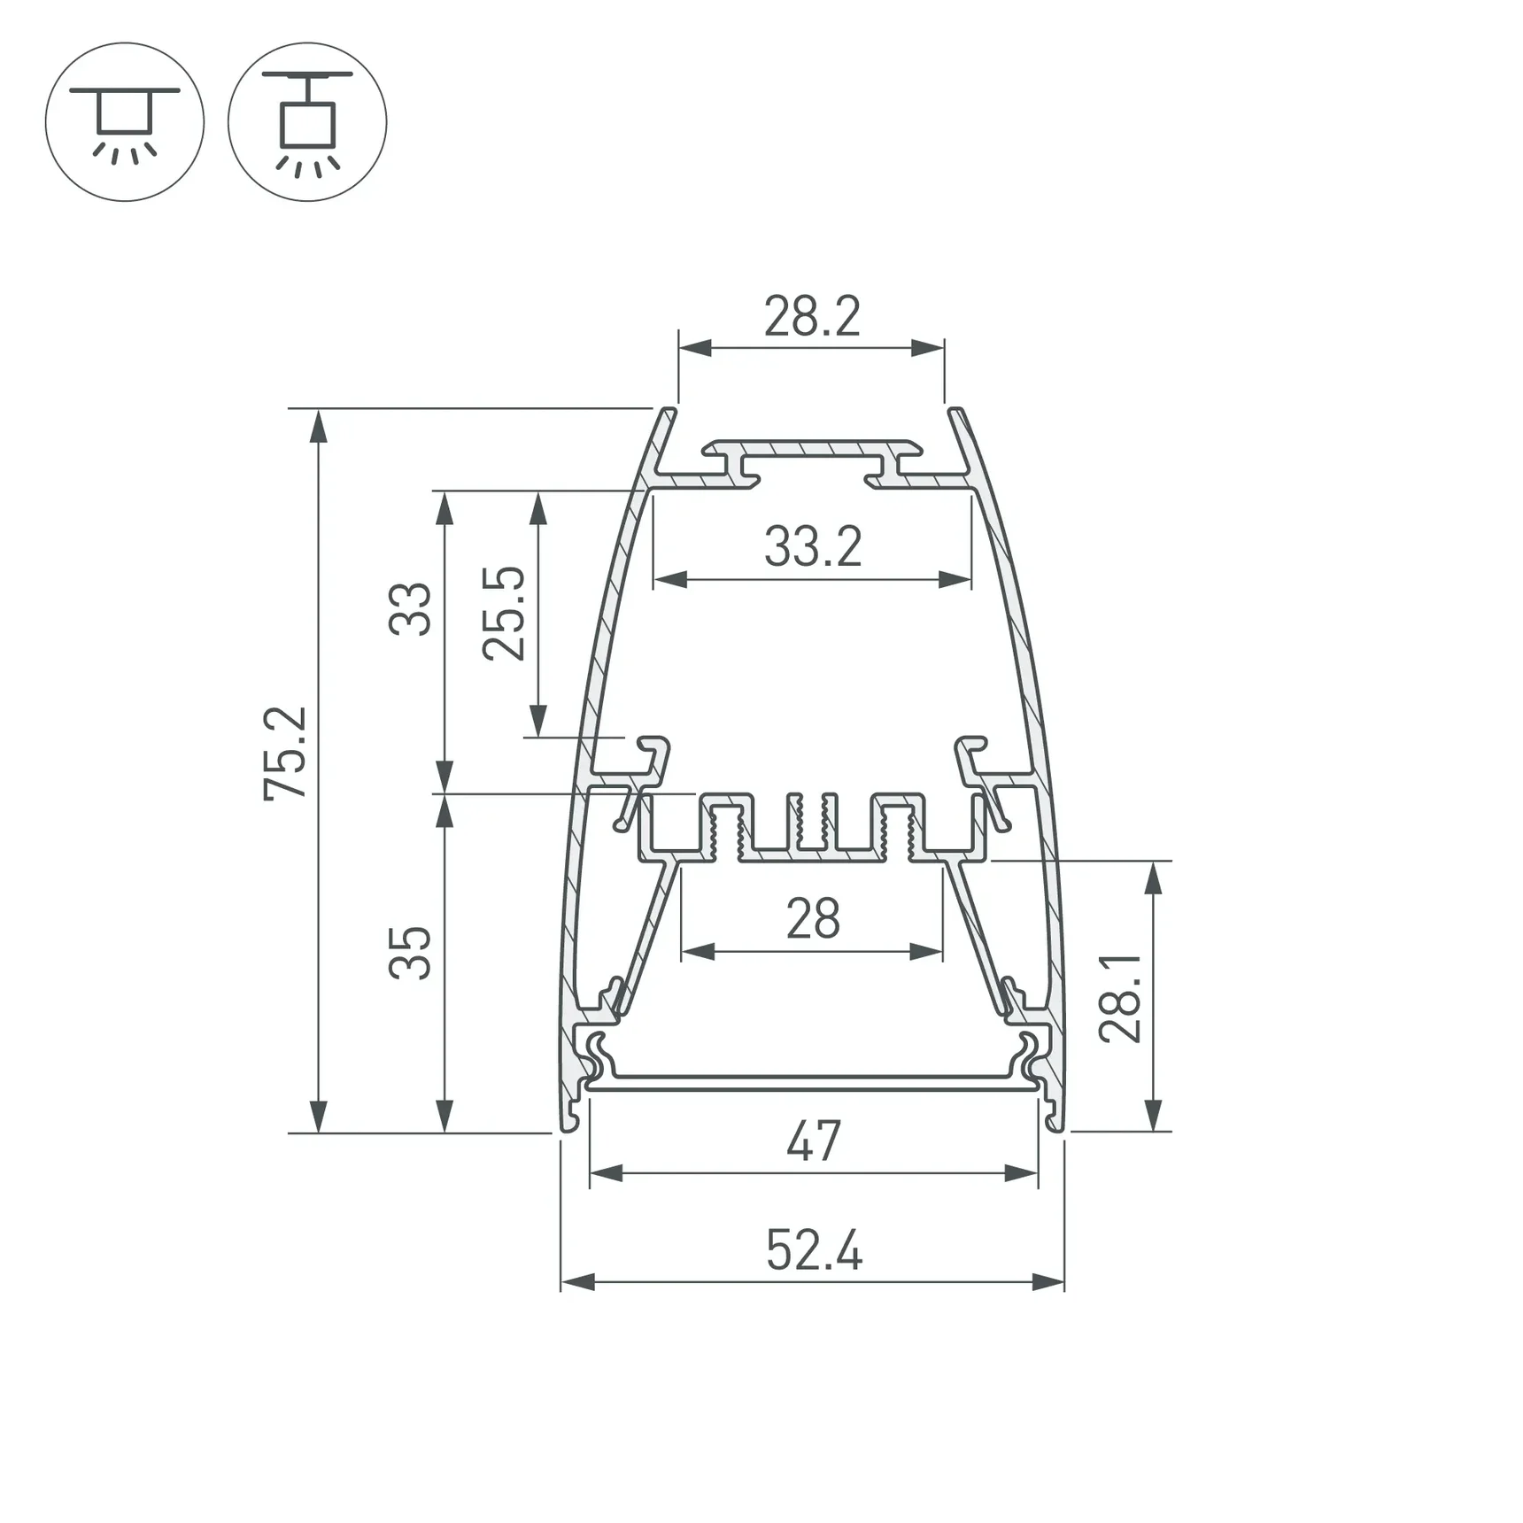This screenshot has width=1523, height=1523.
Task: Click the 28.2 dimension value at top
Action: click(x=812, y=316)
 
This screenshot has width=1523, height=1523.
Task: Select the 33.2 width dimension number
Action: click(x=813, y=546)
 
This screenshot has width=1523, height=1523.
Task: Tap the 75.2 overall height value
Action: click(x=286, y=754)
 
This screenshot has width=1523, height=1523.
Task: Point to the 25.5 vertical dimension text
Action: click(x=504, y=613)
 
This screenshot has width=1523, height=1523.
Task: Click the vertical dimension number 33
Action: click(x=410, y=609)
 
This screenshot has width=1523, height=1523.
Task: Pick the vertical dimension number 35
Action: click(x=410, y=953)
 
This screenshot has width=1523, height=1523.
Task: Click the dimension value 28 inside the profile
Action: click(x=813, y=919)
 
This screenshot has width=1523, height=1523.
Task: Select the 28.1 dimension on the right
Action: click(x=1120, y=997)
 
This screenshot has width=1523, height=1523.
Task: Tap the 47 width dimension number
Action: click(x=813, y=1141)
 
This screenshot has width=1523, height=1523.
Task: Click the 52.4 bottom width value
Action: click(x=814, y=1251)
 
